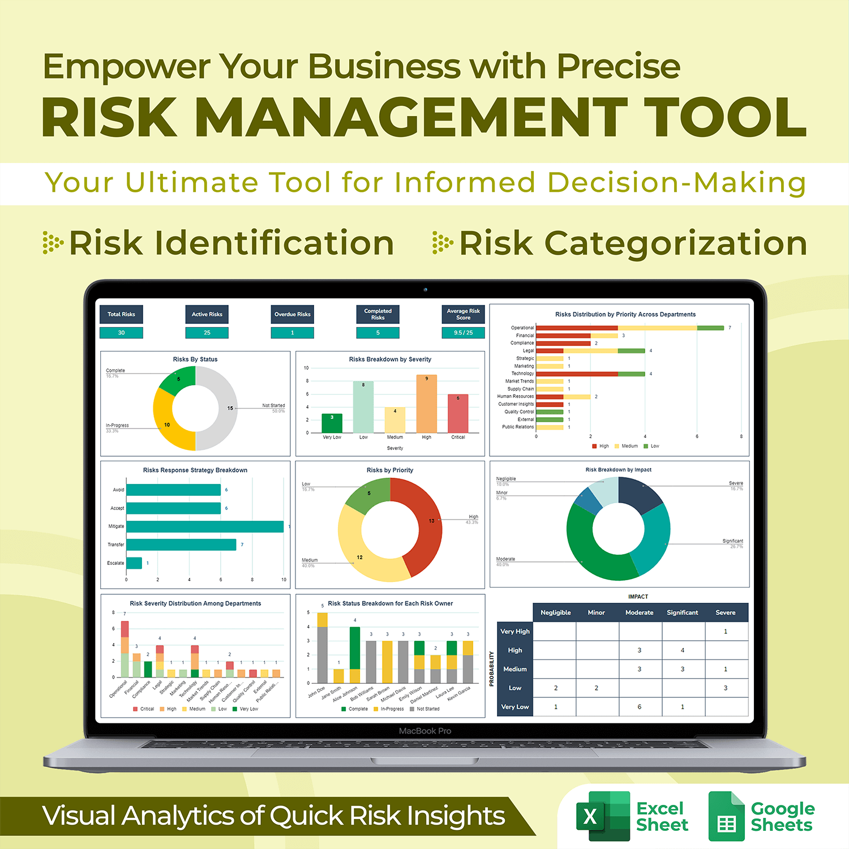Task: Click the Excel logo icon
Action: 603,816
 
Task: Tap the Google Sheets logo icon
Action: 727,816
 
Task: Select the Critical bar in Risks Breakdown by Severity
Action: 458,414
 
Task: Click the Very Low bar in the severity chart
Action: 332,423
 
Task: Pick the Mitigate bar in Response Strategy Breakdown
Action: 205,526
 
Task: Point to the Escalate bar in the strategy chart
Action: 134,563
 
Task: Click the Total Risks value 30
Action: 121,333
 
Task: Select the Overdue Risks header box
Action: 293,314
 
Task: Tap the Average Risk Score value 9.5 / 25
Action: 463,333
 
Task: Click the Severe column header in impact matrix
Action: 726,612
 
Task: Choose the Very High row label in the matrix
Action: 515,631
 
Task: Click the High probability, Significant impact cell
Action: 683,650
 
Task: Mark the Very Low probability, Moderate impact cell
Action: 640,706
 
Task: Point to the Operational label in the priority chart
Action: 522,328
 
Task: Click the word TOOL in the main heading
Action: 724,117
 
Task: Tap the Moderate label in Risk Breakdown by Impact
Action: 505,559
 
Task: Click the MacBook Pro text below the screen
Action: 425,731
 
